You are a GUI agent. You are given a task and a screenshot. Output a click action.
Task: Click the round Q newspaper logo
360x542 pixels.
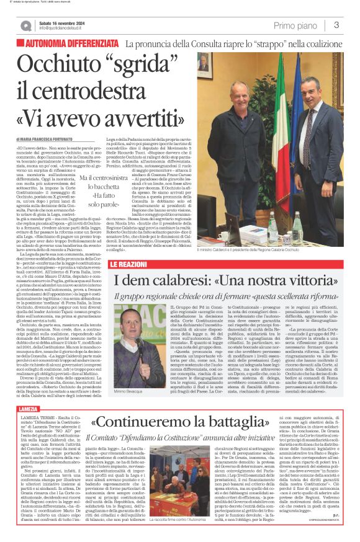coord(25,25)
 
